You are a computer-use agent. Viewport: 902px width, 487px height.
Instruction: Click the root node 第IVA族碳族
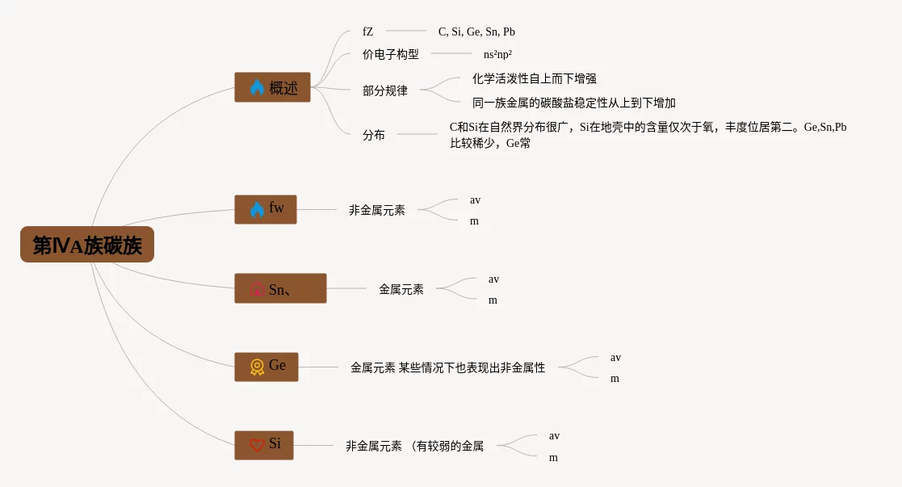[x=87, y=245]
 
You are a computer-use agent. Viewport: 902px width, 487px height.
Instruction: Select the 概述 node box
[x=272, y=87]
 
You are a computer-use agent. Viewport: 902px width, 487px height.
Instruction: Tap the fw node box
[x=266, y=209]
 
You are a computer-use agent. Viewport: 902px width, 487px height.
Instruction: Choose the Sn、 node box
[x=280, y=288]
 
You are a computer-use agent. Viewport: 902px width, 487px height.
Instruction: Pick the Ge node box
[x=266, y=367]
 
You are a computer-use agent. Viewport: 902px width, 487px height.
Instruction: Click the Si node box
[x=264, y=445]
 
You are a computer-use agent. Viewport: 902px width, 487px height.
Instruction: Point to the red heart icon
[x=257, y=445]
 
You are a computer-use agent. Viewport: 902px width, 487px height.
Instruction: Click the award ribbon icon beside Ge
[x=257, y=367]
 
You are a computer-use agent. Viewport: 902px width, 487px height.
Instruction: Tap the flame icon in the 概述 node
[x=257, y=87]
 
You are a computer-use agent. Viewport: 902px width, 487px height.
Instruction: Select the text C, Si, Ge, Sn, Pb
[x=476, y=31]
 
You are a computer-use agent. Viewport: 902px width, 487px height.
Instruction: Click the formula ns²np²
[x=498, y=54]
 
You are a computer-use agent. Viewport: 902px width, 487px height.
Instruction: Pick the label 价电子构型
[x=391, y=54]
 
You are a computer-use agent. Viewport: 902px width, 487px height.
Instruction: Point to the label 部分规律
[x=385, y=90]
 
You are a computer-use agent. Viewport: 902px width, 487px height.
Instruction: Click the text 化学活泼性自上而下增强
[x=535, y=78]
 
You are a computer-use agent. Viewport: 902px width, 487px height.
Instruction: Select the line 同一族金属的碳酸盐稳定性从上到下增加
[x=574, y=103]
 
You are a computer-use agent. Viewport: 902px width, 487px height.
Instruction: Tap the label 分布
[x=374, y=135]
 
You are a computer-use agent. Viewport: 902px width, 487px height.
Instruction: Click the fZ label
[x=368, y=31]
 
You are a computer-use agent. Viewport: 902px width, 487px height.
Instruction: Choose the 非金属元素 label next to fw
[x=377, y=210]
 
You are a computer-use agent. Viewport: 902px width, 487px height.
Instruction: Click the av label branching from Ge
[x=615, y=357]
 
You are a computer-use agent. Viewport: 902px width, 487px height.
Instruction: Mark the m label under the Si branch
[x=553, y=457]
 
